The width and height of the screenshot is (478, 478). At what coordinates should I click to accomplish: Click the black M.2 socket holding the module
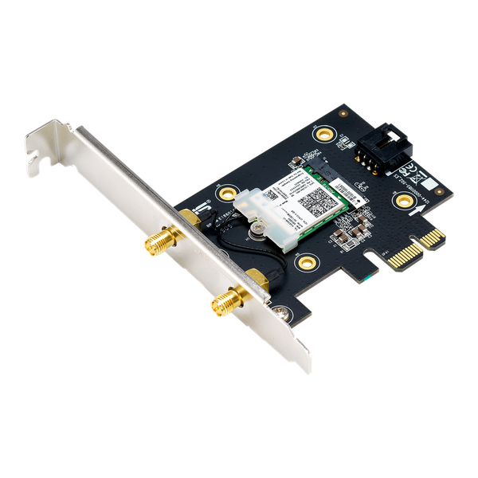pos(327,172)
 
